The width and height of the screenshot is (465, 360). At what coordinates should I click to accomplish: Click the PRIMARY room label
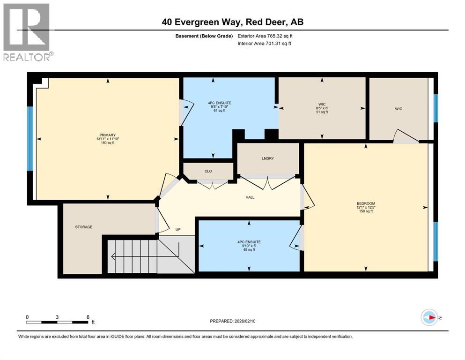click(107, 135)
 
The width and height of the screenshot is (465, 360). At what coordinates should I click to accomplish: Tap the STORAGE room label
click(84, 227)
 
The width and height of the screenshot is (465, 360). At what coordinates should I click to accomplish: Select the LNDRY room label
click(267, 158)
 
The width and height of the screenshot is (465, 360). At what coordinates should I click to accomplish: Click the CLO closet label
click(208, 171)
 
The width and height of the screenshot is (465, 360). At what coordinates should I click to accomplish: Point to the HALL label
click(250, 197)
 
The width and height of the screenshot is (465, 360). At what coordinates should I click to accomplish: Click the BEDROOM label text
click(366, 203)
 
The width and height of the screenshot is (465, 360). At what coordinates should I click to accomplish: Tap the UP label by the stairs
click(178, 230)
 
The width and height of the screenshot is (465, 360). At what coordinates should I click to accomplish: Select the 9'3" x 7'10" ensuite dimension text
click(214, 107)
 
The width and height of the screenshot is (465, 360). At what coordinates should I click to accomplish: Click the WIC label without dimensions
click(398, 109)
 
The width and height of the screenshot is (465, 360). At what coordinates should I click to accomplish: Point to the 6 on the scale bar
click(88, 317)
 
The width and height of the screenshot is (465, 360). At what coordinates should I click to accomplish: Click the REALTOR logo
click(27, 32)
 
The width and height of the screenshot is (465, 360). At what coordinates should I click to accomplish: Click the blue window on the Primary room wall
click(30, 139)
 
